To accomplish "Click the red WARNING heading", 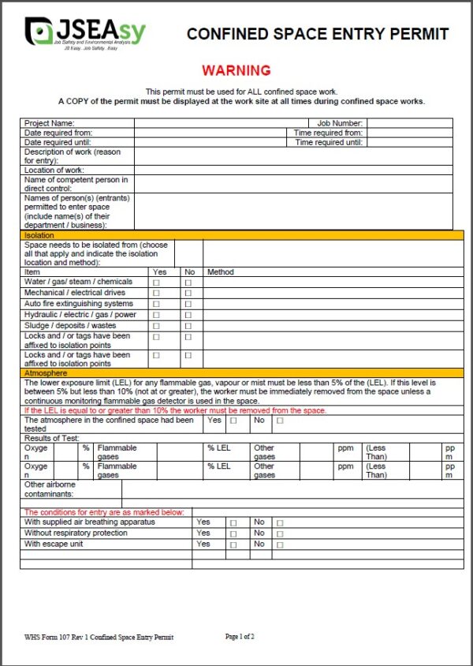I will pyautogui.click(x=236, y=70).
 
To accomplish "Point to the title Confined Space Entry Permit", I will pyautogui.click(x=317, y=34).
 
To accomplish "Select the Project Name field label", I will pyautogui.click(x=50, y=123).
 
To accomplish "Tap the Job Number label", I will pyautogui.click(x=340, y=123).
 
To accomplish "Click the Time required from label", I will pyautogui.click(x=328, y=133).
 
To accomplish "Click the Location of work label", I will pyautogui.click(x=54, y=170).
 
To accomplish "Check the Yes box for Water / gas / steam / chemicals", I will pyautogui.click(x=156, y=282).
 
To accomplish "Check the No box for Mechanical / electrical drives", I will pyautogui.click(x=188, y=294).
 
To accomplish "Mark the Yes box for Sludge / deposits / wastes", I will pyautogui.click(x=156, y=326).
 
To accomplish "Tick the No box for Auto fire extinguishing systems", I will pyautogui.click(x=188, y=304).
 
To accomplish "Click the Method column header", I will pyautogui.click(x=221, y=272).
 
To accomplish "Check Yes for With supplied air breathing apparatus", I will pyautogui.click(x=233, y=523).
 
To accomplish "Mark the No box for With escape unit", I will pyautogui.click(x=280, y=545).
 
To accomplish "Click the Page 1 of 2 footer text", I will pyautogui.click(x=240, y=636).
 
